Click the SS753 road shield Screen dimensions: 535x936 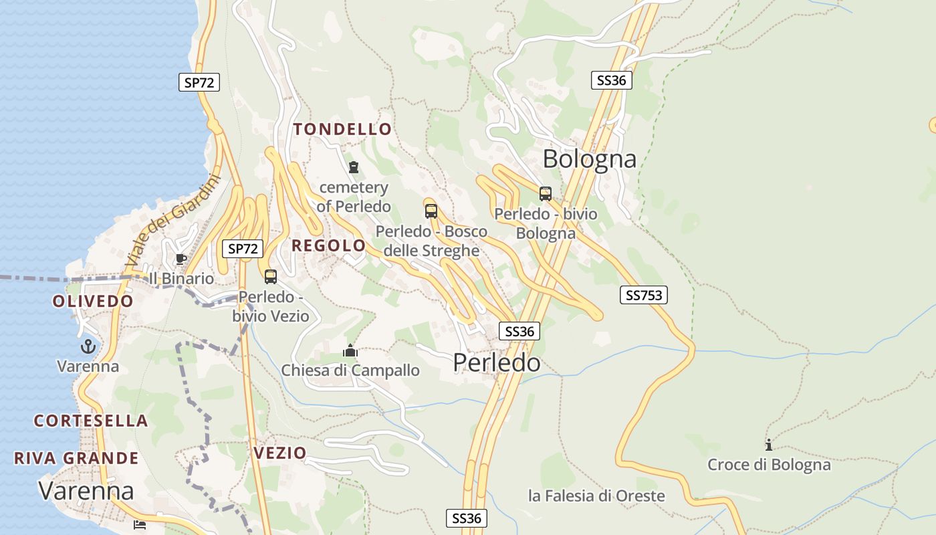coord(644,295)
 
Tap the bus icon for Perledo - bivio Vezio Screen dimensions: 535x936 coord(271,276)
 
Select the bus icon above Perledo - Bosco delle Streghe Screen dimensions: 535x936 coord(431,211)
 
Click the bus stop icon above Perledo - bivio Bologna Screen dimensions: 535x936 coord(546,194)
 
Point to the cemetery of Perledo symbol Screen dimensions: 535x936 coord(354,167)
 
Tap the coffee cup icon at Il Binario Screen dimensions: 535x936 coord(181,259)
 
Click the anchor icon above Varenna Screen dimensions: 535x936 coord(88,346)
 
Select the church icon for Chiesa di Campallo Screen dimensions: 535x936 coord(350,350)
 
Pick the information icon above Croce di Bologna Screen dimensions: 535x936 coord(769,445)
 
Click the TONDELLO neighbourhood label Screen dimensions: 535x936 coord(342,130)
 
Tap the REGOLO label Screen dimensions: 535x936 coord(329,245)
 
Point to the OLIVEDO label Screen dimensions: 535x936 coord(93,301)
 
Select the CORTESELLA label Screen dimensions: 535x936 coord(91,421)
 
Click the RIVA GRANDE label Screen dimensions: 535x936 coord(76,458)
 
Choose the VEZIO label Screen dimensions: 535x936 coord(279,453)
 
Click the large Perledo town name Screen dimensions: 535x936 coord(497,362)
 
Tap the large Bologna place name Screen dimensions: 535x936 coord(590,159)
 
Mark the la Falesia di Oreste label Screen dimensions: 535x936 coord(596,496)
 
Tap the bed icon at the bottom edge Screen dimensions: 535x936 coord(140,524)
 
